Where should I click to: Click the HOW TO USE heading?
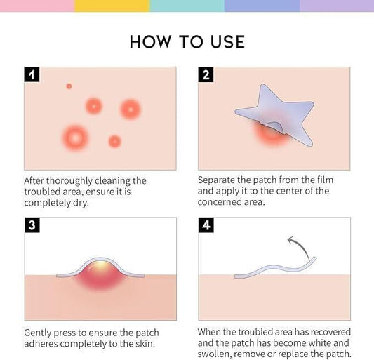click(x=187, y=41)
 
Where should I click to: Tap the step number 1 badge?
click(x=32, y=74)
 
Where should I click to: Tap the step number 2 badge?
click(x=206, y=74)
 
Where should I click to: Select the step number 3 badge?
click(x=32, y=225)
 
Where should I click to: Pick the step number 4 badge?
click(x=206, y=225)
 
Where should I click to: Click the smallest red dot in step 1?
click(x=69, y=86)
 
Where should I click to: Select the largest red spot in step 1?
click(x=75, y=135)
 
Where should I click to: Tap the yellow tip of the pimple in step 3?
click(x=104, y=265)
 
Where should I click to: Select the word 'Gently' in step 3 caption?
click(x=39, y=333)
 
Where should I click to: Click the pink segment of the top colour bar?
click(x=36, y=6)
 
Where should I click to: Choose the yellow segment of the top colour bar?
click(x=112, y=6)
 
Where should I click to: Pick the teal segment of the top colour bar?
click(x=187, y=6)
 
